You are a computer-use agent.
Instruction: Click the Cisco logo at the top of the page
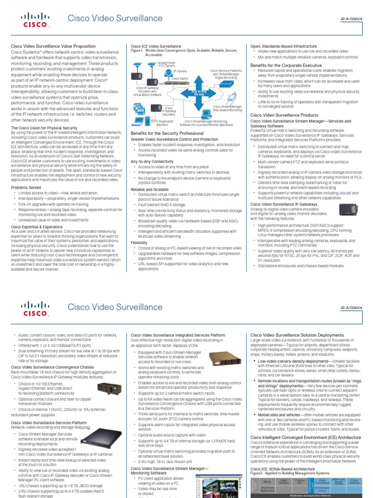pos(34,18)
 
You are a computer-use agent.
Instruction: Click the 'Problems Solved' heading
pos(26,187)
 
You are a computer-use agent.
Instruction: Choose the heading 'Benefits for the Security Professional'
pos(167,133)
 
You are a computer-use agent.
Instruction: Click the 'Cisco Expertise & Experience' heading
pos(36,227)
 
